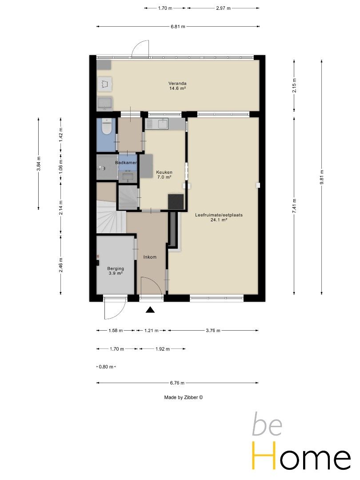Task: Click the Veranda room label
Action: coord(177,83)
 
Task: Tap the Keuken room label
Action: coord(164,172)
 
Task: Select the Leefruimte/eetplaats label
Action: coord(219,215)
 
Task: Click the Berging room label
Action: coord(116,268)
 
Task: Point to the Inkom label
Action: coord(150,257)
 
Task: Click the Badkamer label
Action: coord(126,163)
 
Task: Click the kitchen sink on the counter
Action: coord(163,124)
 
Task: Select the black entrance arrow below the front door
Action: coord(150,310)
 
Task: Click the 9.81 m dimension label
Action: coord(321,177)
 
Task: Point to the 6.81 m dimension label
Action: coord(178,27)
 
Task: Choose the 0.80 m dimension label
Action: coord(106,367)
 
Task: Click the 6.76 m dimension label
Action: coord(177,383)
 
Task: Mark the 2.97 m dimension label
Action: coord(223,8)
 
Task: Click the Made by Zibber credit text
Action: coord(184,397)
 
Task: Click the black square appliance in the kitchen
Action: coord(176,202)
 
